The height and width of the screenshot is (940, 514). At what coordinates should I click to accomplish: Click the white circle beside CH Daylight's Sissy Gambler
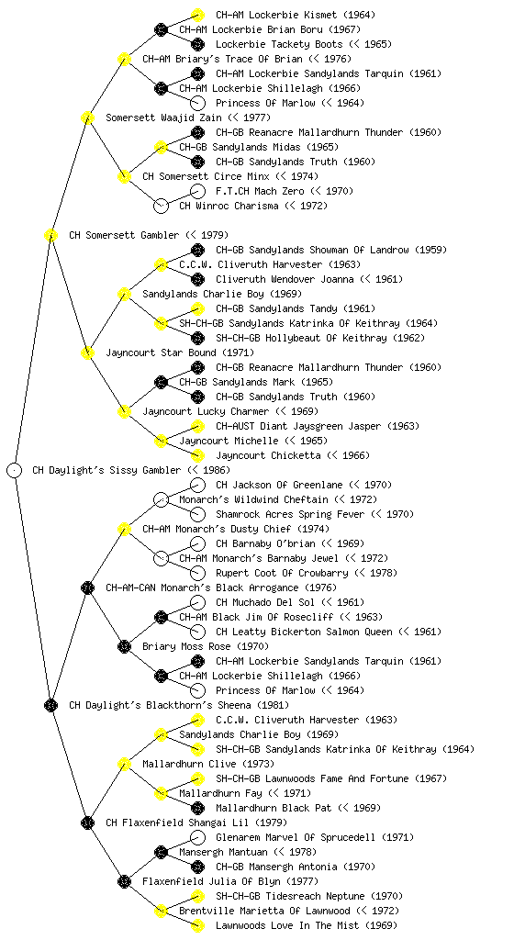click(15, 470)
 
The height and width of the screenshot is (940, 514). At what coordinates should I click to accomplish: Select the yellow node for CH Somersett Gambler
click(50, 235)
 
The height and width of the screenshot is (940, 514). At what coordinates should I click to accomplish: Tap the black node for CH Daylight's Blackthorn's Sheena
click(50, 705)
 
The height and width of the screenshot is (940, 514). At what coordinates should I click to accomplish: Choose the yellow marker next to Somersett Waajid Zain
click(87, 117)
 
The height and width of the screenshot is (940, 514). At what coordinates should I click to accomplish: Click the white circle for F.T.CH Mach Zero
click(197, 191)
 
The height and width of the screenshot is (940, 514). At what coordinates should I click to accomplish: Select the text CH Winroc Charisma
click(229, 206)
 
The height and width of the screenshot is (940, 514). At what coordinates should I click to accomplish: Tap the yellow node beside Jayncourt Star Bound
click(87, 352)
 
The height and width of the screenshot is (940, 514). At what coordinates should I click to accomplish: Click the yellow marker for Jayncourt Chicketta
click(197, 455)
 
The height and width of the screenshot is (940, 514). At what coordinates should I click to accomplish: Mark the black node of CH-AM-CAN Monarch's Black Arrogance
click(87, 587)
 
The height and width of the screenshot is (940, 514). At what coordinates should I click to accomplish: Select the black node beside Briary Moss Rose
click(124, 646)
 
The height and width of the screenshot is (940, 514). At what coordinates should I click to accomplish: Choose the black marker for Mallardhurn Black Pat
click(197, 808)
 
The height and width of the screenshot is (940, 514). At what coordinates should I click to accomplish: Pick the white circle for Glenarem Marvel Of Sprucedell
click(197, 837)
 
